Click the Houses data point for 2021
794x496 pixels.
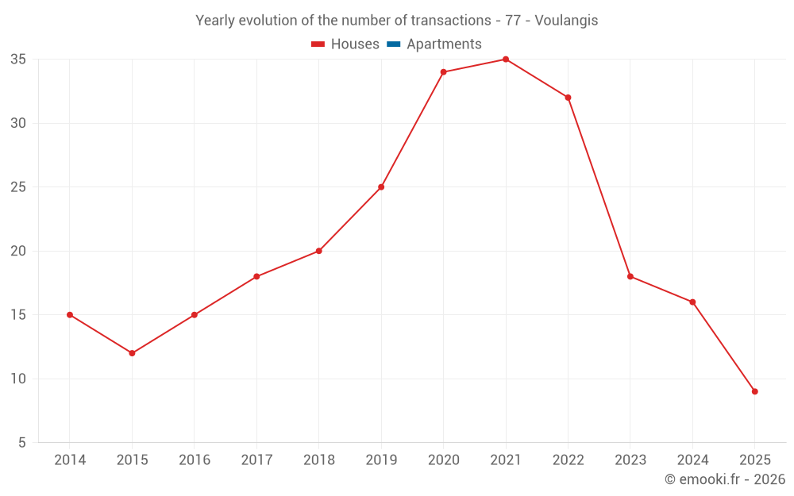(506, 60)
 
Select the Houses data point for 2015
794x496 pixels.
(132, 353)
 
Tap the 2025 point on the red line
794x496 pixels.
(754, 391)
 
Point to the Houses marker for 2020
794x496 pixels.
(443, 72)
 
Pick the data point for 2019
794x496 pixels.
(381, 187)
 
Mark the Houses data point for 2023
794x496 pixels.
(630, 276)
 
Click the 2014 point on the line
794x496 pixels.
(70, 315)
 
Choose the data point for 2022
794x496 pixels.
(568, 98)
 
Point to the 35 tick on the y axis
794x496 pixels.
(18, 60)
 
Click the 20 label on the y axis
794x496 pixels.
(18, 251)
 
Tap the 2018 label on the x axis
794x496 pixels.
(318, 460)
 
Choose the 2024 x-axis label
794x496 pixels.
(692, 460)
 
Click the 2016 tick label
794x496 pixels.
(195, 460)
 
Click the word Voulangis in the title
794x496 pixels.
(566, 21)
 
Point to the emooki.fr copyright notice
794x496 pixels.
(724, 479)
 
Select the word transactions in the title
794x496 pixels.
(451, 21)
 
